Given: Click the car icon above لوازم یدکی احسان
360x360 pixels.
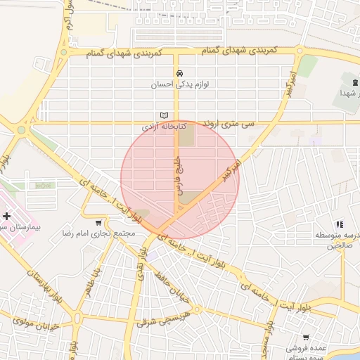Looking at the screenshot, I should [180, 73].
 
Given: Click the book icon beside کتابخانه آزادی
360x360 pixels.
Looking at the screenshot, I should [165, 116].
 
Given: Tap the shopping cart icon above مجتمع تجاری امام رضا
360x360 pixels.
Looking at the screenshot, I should [107, 223].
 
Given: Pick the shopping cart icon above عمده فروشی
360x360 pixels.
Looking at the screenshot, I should [307, 337].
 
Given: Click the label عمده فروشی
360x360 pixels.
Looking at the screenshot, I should [307, 347].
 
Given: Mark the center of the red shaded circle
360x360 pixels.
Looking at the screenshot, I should [180, 179].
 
